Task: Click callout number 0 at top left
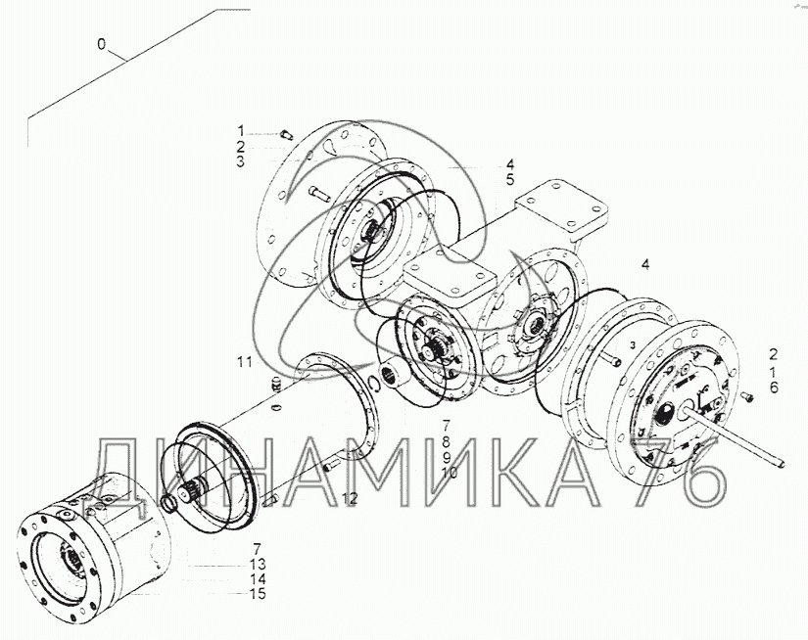pos(101,45)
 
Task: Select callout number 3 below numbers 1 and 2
pos(241,161)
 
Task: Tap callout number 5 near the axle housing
pos(509,180)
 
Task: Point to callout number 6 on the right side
pos(774,388)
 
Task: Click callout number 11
pos(245,362)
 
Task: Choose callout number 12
pos(350,498)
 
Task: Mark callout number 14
pos(258,578)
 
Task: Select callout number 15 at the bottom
pos(258,594)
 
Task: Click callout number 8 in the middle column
pos(447,441)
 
